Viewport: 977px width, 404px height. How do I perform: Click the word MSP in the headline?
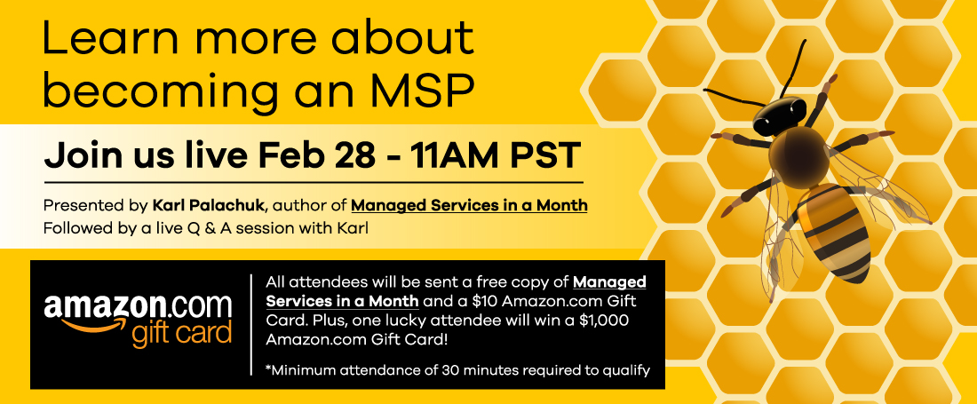point(426,91)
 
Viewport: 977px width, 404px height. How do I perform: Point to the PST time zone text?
point(546,155)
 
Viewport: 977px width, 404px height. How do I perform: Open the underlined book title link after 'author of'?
point(469,205)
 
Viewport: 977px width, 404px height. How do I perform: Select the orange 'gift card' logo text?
point(181,334)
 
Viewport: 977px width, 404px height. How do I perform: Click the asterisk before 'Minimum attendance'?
point(268,368)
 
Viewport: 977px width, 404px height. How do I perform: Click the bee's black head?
point(780,116)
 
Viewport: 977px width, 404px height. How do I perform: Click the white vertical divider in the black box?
point(251,324)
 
